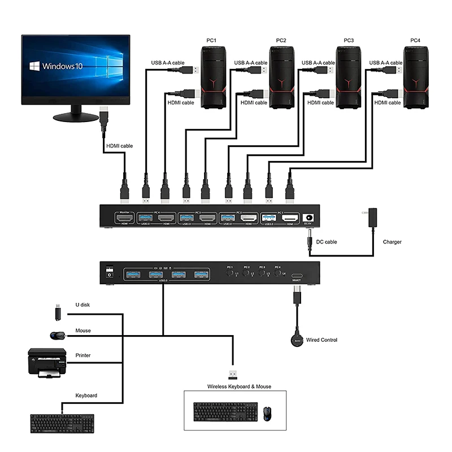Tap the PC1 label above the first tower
(211, 40)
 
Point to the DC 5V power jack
(309, 218)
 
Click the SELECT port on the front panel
(297, 274)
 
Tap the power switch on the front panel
(110, 272)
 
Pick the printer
(47, 362)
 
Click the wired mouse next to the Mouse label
(56, 336)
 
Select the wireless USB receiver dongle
(232, 373)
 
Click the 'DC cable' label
(327, 242)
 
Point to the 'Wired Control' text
(321, 340)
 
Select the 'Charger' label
(392, 242)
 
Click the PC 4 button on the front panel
(277, 273)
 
